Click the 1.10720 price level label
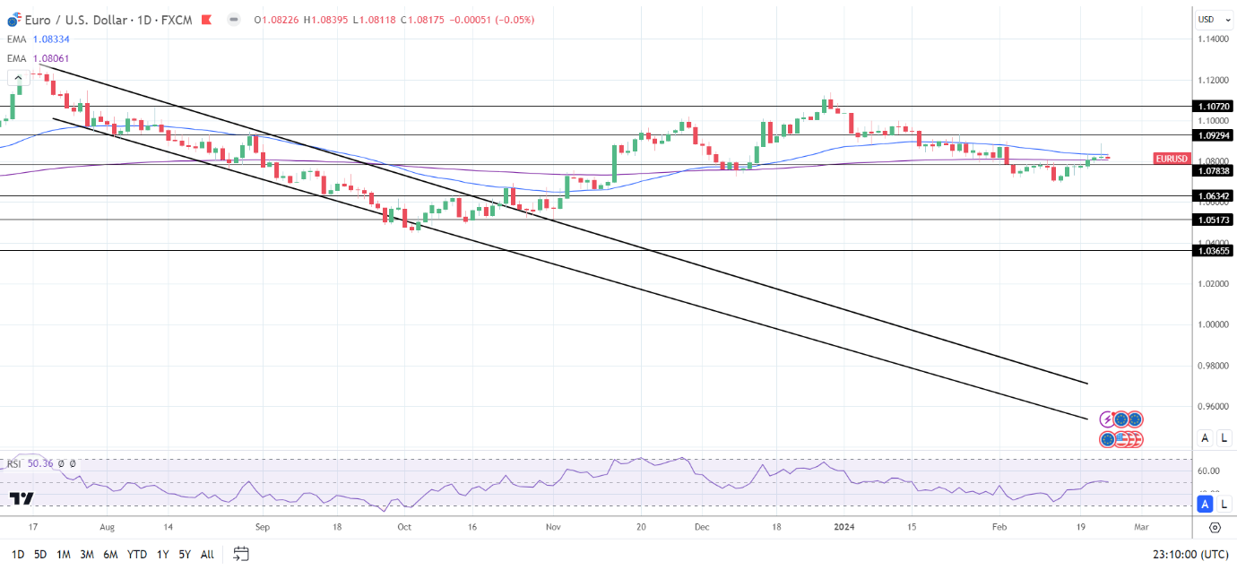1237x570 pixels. tap(1213, 106)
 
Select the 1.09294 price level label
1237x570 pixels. tap(1213, 134)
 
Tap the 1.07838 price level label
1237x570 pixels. tap(1213, 170)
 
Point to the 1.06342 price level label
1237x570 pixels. tap(1213, 195)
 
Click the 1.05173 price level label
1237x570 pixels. tap(1213, 220)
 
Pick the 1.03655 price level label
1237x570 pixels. tap(1213, 251)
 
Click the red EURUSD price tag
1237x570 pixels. tap(1172, 159)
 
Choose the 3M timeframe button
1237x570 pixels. tap(87, 555)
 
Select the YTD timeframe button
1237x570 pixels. tap(137, 555)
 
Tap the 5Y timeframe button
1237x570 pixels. tap(184, 555)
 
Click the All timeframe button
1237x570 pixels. tap(207, 555)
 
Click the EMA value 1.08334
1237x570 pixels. tap(51, 39)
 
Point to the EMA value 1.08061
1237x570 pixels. tap(51, 58)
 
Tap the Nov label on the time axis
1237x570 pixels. tap(553, 528)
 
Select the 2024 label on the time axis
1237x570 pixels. tap(845, 528)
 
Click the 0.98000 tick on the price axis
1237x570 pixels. tap(1213, 366)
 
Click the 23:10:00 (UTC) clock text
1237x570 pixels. tap(1189, 555)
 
